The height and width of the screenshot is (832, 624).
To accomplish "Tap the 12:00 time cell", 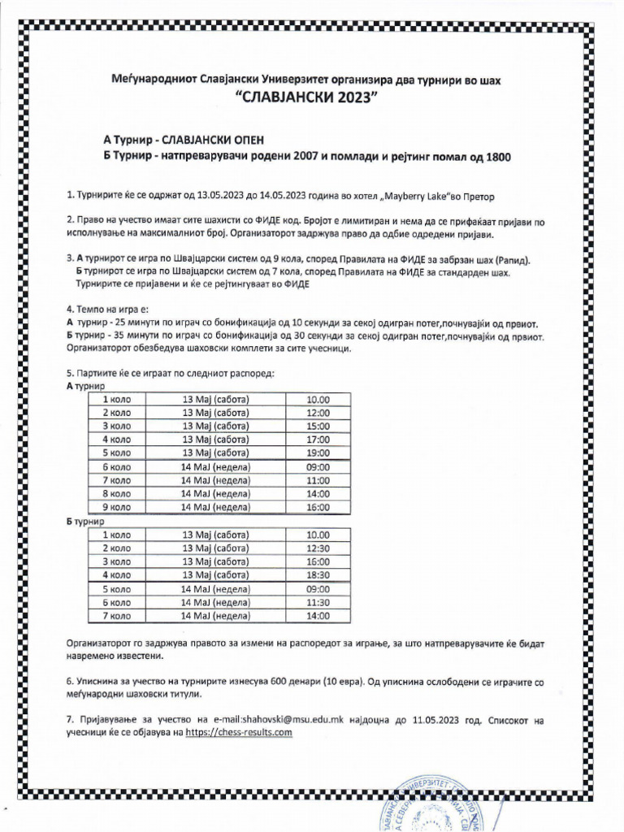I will [x=318, y=413].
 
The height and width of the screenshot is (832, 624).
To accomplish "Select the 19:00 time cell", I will [x=318, y=453].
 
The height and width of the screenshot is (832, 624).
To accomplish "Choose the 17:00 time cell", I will [x=318, y=440].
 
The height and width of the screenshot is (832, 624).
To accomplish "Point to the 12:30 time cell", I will [x=318, y=548].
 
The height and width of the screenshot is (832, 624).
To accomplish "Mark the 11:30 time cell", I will [x=318, y=602].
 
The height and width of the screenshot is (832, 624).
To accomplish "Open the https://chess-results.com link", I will [x=238, y=733].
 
